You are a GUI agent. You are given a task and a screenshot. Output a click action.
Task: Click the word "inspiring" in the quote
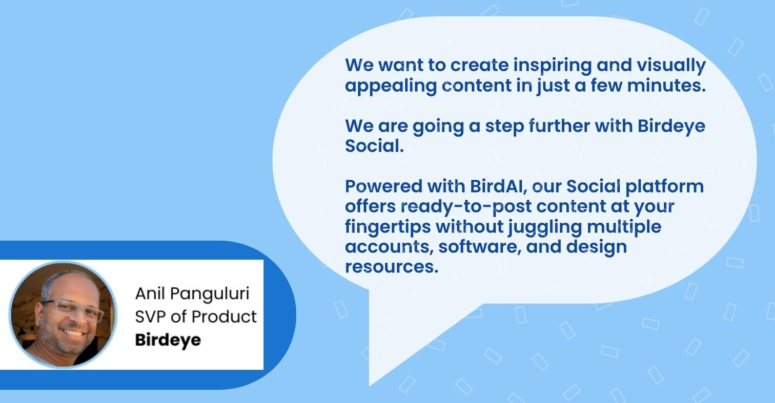click(x=552, y=66)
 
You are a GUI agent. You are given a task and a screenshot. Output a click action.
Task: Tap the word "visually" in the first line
click(x=671, y=66)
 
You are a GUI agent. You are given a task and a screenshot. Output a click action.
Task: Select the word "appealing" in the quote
click(x=391, y=86)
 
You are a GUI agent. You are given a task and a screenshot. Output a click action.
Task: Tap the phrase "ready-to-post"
click(x=466, y=207)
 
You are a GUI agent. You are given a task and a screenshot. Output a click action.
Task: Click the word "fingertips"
click(x=388, y=227)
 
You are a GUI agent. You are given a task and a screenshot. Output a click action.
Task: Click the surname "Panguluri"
click(x=210, y=294)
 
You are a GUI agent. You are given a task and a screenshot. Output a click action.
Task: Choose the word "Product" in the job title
click(x=224, y=316)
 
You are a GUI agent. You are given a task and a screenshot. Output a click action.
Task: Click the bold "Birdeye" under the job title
click(x=168, y=341)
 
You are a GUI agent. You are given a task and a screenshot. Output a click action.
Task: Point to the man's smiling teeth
click(x=73, y=333)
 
